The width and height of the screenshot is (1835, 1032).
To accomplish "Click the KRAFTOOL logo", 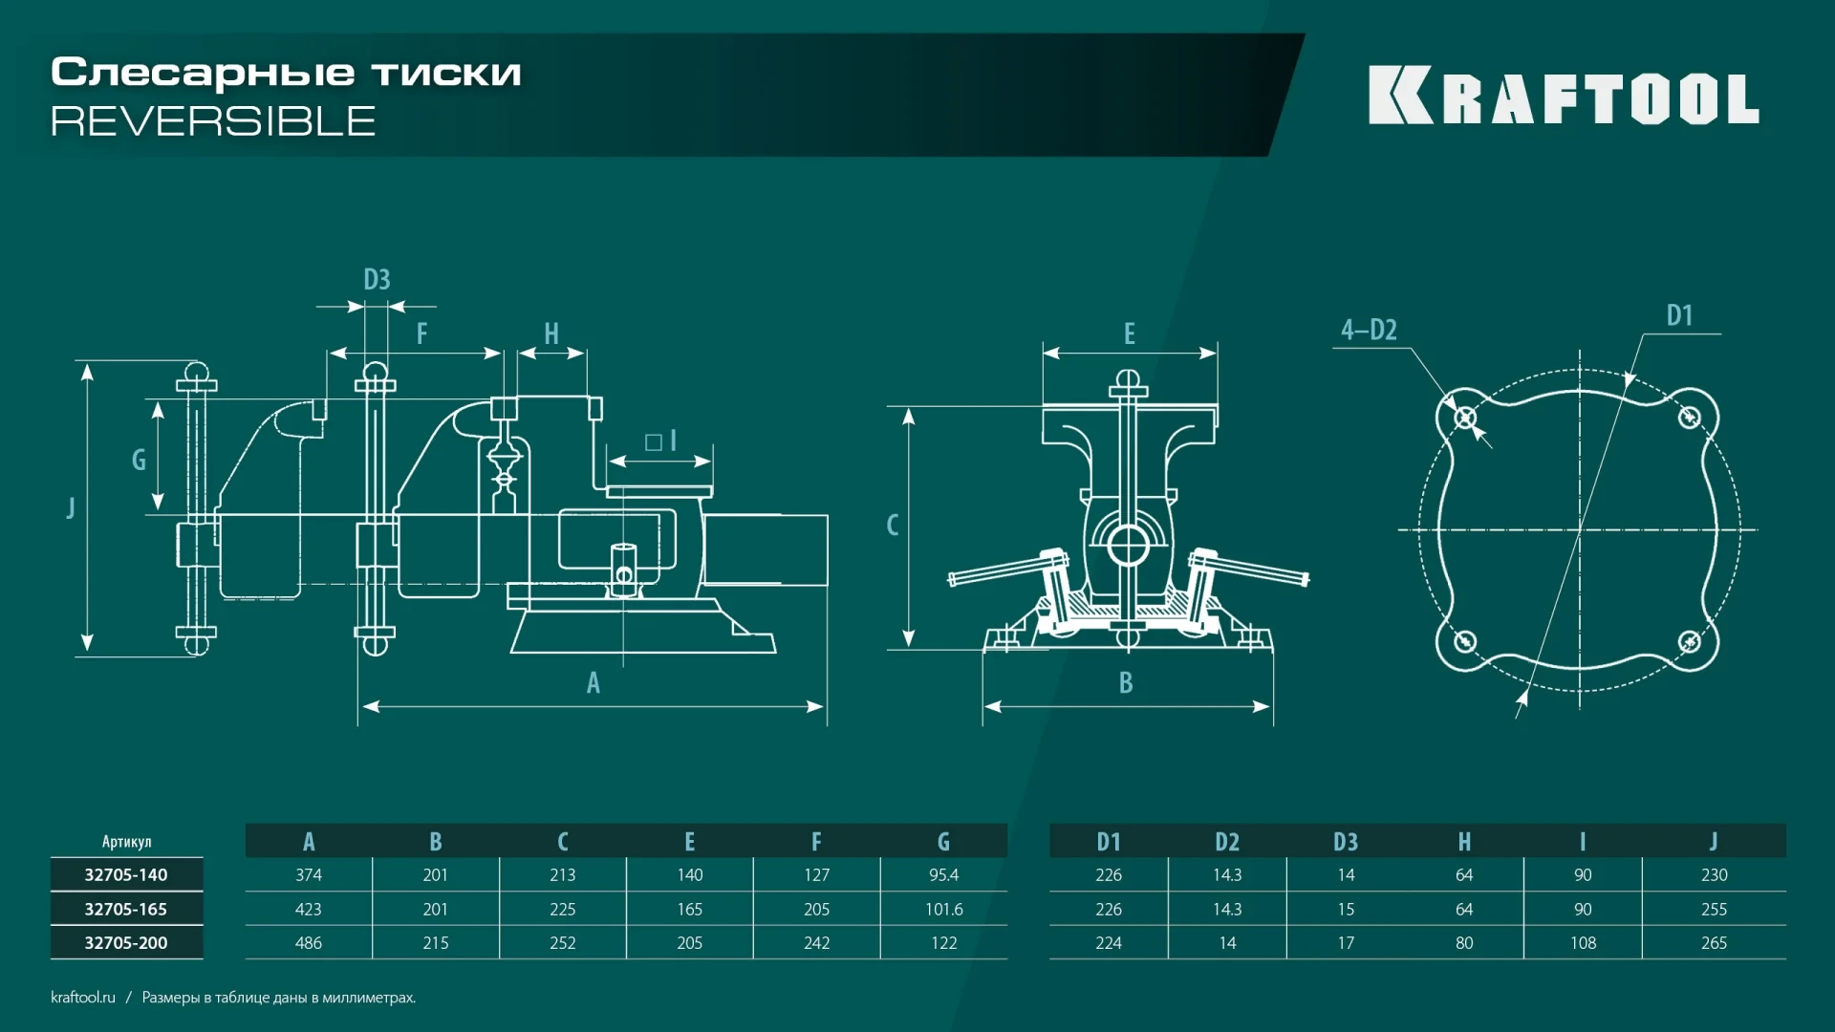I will pos(1564,96).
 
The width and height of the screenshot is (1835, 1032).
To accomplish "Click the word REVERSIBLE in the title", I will pos(213,121).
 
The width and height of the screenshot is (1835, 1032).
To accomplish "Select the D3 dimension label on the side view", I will pos(377,279).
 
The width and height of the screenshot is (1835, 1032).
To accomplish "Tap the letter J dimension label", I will pos(71,506).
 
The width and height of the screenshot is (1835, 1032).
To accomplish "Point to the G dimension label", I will pos(139,460).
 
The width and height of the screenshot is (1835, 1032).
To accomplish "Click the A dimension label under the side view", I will pos(593,682).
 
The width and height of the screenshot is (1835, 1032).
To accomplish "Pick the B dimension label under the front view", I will pos(1126,682).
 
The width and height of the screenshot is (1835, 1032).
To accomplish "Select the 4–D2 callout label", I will pos(1369,330).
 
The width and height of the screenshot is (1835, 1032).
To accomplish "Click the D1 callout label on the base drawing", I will pos(1679,315).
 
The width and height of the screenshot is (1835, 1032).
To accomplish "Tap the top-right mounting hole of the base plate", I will pos(1689,417).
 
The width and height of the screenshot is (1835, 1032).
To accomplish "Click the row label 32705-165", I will pos(126,909).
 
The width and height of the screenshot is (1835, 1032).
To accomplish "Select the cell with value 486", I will pos(308,943).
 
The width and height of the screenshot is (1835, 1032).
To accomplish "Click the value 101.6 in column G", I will pos(943,909).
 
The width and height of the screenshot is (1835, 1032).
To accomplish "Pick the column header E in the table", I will pos(689,842).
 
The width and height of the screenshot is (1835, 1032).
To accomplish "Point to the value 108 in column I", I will pos(1583,943).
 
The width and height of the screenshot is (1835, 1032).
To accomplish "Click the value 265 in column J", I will pos(1714,943).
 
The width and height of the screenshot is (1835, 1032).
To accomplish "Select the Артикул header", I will pos(126,842).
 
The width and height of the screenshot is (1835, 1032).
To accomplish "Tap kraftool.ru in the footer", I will pos(83,997).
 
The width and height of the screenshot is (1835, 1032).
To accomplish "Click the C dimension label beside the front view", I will pos(892,525).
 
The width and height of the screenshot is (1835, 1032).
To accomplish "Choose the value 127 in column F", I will pos(816,875).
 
